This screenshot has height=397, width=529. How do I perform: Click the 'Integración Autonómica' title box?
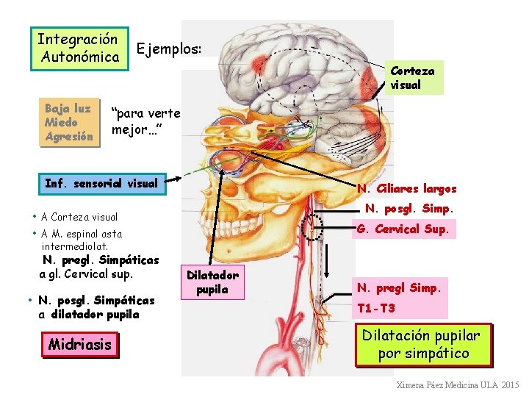click(x=79, y=48)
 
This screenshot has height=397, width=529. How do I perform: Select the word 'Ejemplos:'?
click(x=168, y=49)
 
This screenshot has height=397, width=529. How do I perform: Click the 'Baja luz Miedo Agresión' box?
click(x=69, y=122)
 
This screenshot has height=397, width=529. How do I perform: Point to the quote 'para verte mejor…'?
click(x=143, y=122)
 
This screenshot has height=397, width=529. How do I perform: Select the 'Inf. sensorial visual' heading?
click(x=101, y=183)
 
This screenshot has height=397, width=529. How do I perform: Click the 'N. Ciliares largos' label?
click(x=406, y=189)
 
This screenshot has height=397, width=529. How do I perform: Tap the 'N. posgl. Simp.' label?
click(x=409, y=209)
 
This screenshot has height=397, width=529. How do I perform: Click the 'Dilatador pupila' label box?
click(x=212, y=283)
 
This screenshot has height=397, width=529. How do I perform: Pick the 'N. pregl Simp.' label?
click(x=399, y=287)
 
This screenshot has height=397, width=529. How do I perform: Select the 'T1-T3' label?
click(x=376, y=308)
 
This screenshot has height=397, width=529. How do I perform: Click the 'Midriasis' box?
click(x=80, y=344)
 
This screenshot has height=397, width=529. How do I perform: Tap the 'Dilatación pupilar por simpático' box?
click(x=422, y=344)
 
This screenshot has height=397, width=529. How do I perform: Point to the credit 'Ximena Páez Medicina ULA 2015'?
click(x=457, y=385)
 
